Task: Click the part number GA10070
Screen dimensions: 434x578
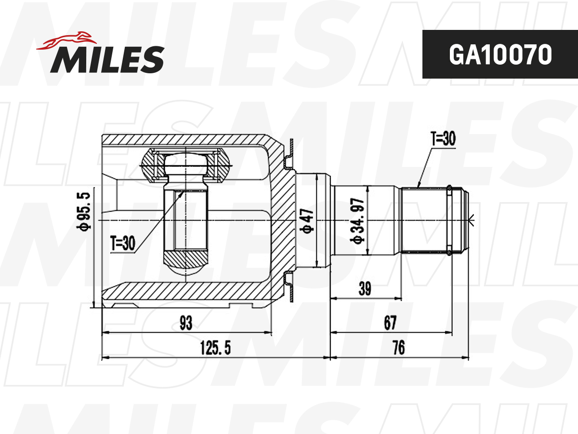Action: [x=499, y=55]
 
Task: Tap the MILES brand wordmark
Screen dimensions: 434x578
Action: [x=107, y=59]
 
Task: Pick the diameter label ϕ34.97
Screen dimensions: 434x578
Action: [x=359, y=220]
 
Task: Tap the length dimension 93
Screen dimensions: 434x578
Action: [x=185, y=323]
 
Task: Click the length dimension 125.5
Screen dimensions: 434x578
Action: [x=215, y=348]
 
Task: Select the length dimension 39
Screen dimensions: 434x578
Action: [x=365, y=289]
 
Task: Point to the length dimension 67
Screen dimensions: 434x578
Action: [x=390, y=323]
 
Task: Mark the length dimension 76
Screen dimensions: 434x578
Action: [x=398, y=348]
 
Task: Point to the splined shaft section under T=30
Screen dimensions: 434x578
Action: [x=424, y=219]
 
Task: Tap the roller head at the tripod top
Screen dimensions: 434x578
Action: [x=185, y=165]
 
